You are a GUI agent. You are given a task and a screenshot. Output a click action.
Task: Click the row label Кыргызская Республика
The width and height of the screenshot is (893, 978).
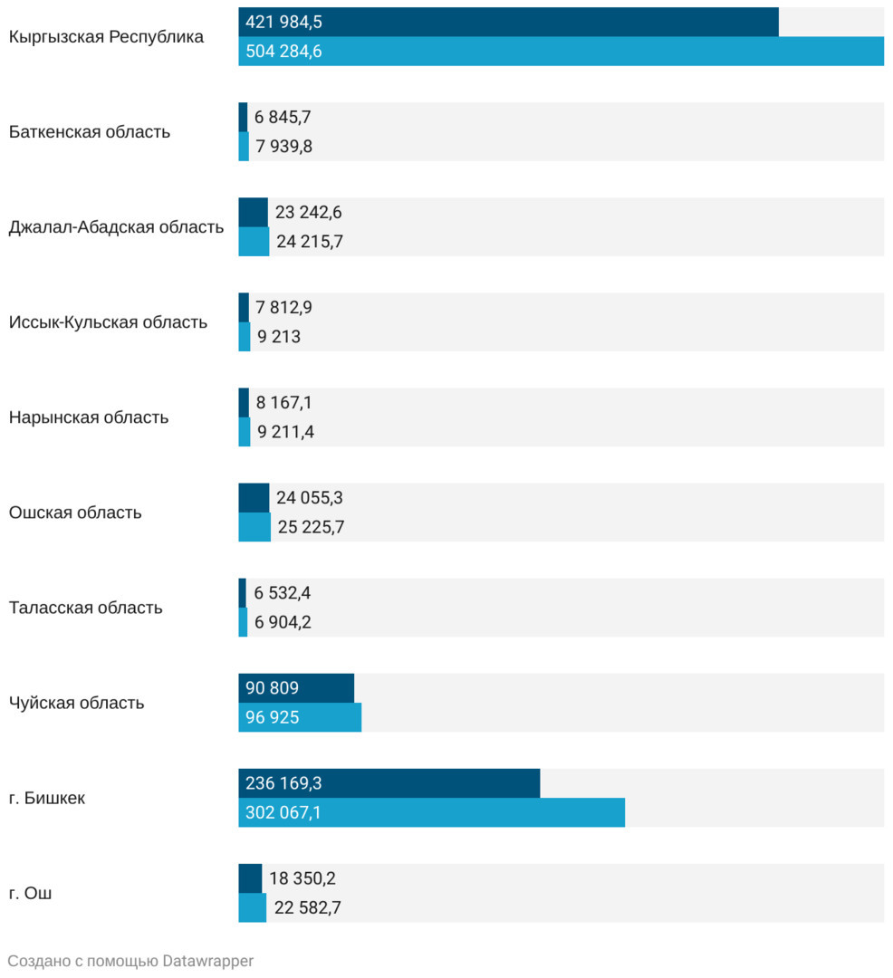tap(106, 37)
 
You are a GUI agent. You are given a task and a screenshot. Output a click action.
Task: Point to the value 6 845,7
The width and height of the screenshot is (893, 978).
tap(283, 117)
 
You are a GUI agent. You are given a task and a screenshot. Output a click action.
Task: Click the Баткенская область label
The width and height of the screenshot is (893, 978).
tap(90, 132)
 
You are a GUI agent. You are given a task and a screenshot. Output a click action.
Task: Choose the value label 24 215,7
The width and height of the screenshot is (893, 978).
tap(310, 242)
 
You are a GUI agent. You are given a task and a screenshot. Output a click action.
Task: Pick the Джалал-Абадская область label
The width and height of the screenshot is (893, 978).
tap(116, 227)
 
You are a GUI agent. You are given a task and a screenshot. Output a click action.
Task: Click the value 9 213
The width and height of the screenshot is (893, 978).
tap(279, 337)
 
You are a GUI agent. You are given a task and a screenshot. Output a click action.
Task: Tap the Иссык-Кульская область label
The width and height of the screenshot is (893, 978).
tap(108, 322)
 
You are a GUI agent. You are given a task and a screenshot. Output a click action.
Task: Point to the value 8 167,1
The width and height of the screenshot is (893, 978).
tap(284, 403)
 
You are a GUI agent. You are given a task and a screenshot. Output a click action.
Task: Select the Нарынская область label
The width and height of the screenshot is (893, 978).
tap(89, 417)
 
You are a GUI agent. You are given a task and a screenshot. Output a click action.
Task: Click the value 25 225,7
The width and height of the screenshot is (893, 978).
tap(311, 527)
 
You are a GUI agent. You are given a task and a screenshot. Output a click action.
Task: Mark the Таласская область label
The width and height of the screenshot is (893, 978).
tap(86, 608)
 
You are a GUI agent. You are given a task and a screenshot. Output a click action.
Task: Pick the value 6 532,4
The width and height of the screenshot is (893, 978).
tap(283, 593)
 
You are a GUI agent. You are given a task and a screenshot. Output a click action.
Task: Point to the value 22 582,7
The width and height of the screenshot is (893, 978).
tap(307, 907)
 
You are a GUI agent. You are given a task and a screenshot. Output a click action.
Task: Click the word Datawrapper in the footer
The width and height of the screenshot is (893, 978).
tap(208, 961)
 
